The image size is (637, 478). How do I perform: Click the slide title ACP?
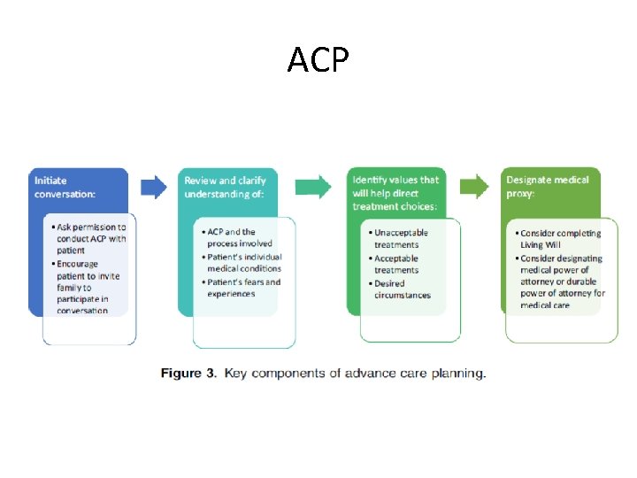click(318, 61)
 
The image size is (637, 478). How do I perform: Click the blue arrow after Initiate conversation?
click(154, 186)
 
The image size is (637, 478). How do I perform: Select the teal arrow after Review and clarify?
click(313, 186)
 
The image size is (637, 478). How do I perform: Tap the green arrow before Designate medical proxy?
click(474, 186)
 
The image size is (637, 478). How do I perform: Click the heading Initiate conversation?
click(63, 187)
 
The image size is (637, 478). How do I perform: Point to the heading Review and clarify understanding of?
click(225, 187)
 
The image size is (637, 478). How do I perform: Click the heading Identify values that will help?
click(395, 193)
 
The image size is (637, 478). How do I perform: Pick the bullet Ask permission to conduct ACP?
click(91, 239)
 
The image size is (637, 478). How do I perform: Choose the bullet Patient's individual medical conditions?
click(242, 262)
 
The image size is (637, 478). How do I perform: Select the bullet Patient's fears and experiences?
click(242, 288)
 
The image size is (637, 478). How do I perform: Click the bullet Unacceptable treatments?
click(403, 238)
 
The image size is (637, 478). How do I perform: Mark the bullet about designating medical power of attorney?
click(560, 281)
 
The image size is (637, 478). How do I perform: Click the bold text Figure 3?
click(188, 374)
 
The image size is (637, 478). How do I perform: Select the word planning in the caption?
click(459, 374)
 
